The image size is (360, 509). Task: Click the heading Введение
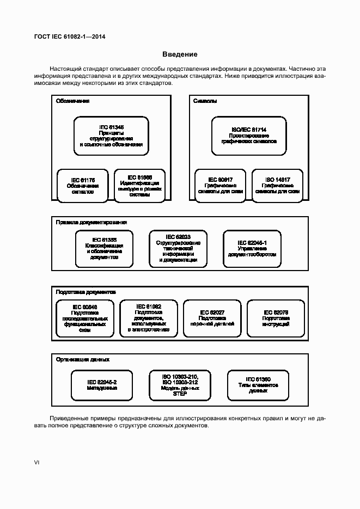[180, 54]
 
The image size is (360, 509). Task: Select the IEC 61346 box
[111, 136]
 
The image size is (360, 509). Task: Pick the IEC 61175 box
[83, 186]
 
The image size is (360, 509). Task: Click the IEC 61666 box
[139, 186]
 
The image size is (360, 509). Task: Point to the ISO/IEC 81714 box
[249, 136]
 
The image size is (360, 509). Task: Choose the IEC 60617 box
[221, 186]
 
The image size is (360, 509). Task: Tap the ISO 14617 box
[278, 186]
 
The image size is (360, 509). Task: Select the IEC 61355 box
[105, 249]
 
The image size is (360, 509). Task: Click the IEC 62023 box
[178, 249]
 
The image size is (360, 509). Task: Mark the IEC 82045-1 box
[252, 249]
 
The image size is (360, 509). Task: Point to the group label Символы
[205, 101]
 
